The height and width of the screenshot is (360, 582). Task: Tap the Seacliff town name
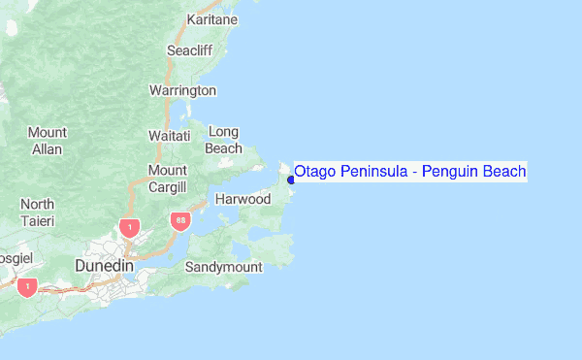tap(190, 49)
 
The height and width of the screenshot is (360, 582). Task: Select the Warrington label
tap(182, 90)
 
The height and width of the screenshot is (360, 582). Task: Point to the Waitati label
tap(169, 136)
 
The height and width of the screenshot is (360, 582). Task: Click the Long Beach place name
tap(223, 140)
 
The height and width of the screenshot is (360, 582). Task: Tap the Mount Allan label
tap(47, 141)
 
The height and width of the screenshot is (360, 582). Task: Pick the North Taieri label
tap(38, 213)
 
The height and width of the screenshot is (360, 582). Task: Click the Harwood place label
tap(242, 199)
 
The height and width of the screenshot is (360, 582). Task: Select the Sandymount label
tap(223, 266)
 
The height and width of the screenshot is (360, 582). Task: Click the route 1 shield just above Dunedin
tap(128, 228)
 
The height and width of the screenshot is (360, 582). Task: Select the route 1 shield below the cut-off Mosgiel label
tap(27, 287)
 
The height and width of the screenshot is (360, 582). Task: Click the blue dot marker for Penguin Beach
tap(290, 179)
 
